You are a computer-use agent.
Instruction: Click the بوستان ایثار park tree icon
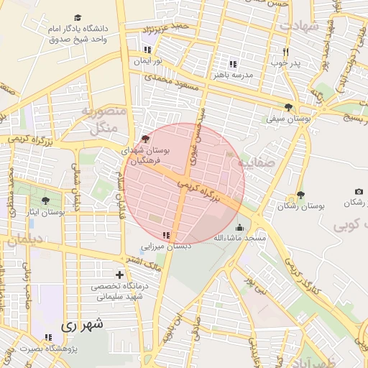click(47, 201)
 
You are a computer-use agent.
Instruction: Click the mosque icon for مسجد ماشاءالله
click(239, 227)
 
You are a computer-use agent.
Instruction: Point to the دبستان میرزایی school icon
click(166, 235)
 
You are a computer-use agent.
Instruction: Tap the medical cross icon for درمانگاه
click(119, 275)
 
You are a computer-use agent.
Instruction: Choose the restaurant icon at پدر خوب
click(285, 52)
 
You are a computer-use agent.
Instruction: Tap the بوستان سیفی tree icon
click(288, 106)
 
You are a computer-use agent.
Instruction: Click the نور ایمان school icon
click(147, 50)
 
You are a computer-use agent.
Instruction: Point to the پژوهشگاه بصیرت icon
click(48, 336)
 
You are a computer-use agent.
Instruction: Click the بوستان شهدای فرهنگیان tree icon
click(146, 138)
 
